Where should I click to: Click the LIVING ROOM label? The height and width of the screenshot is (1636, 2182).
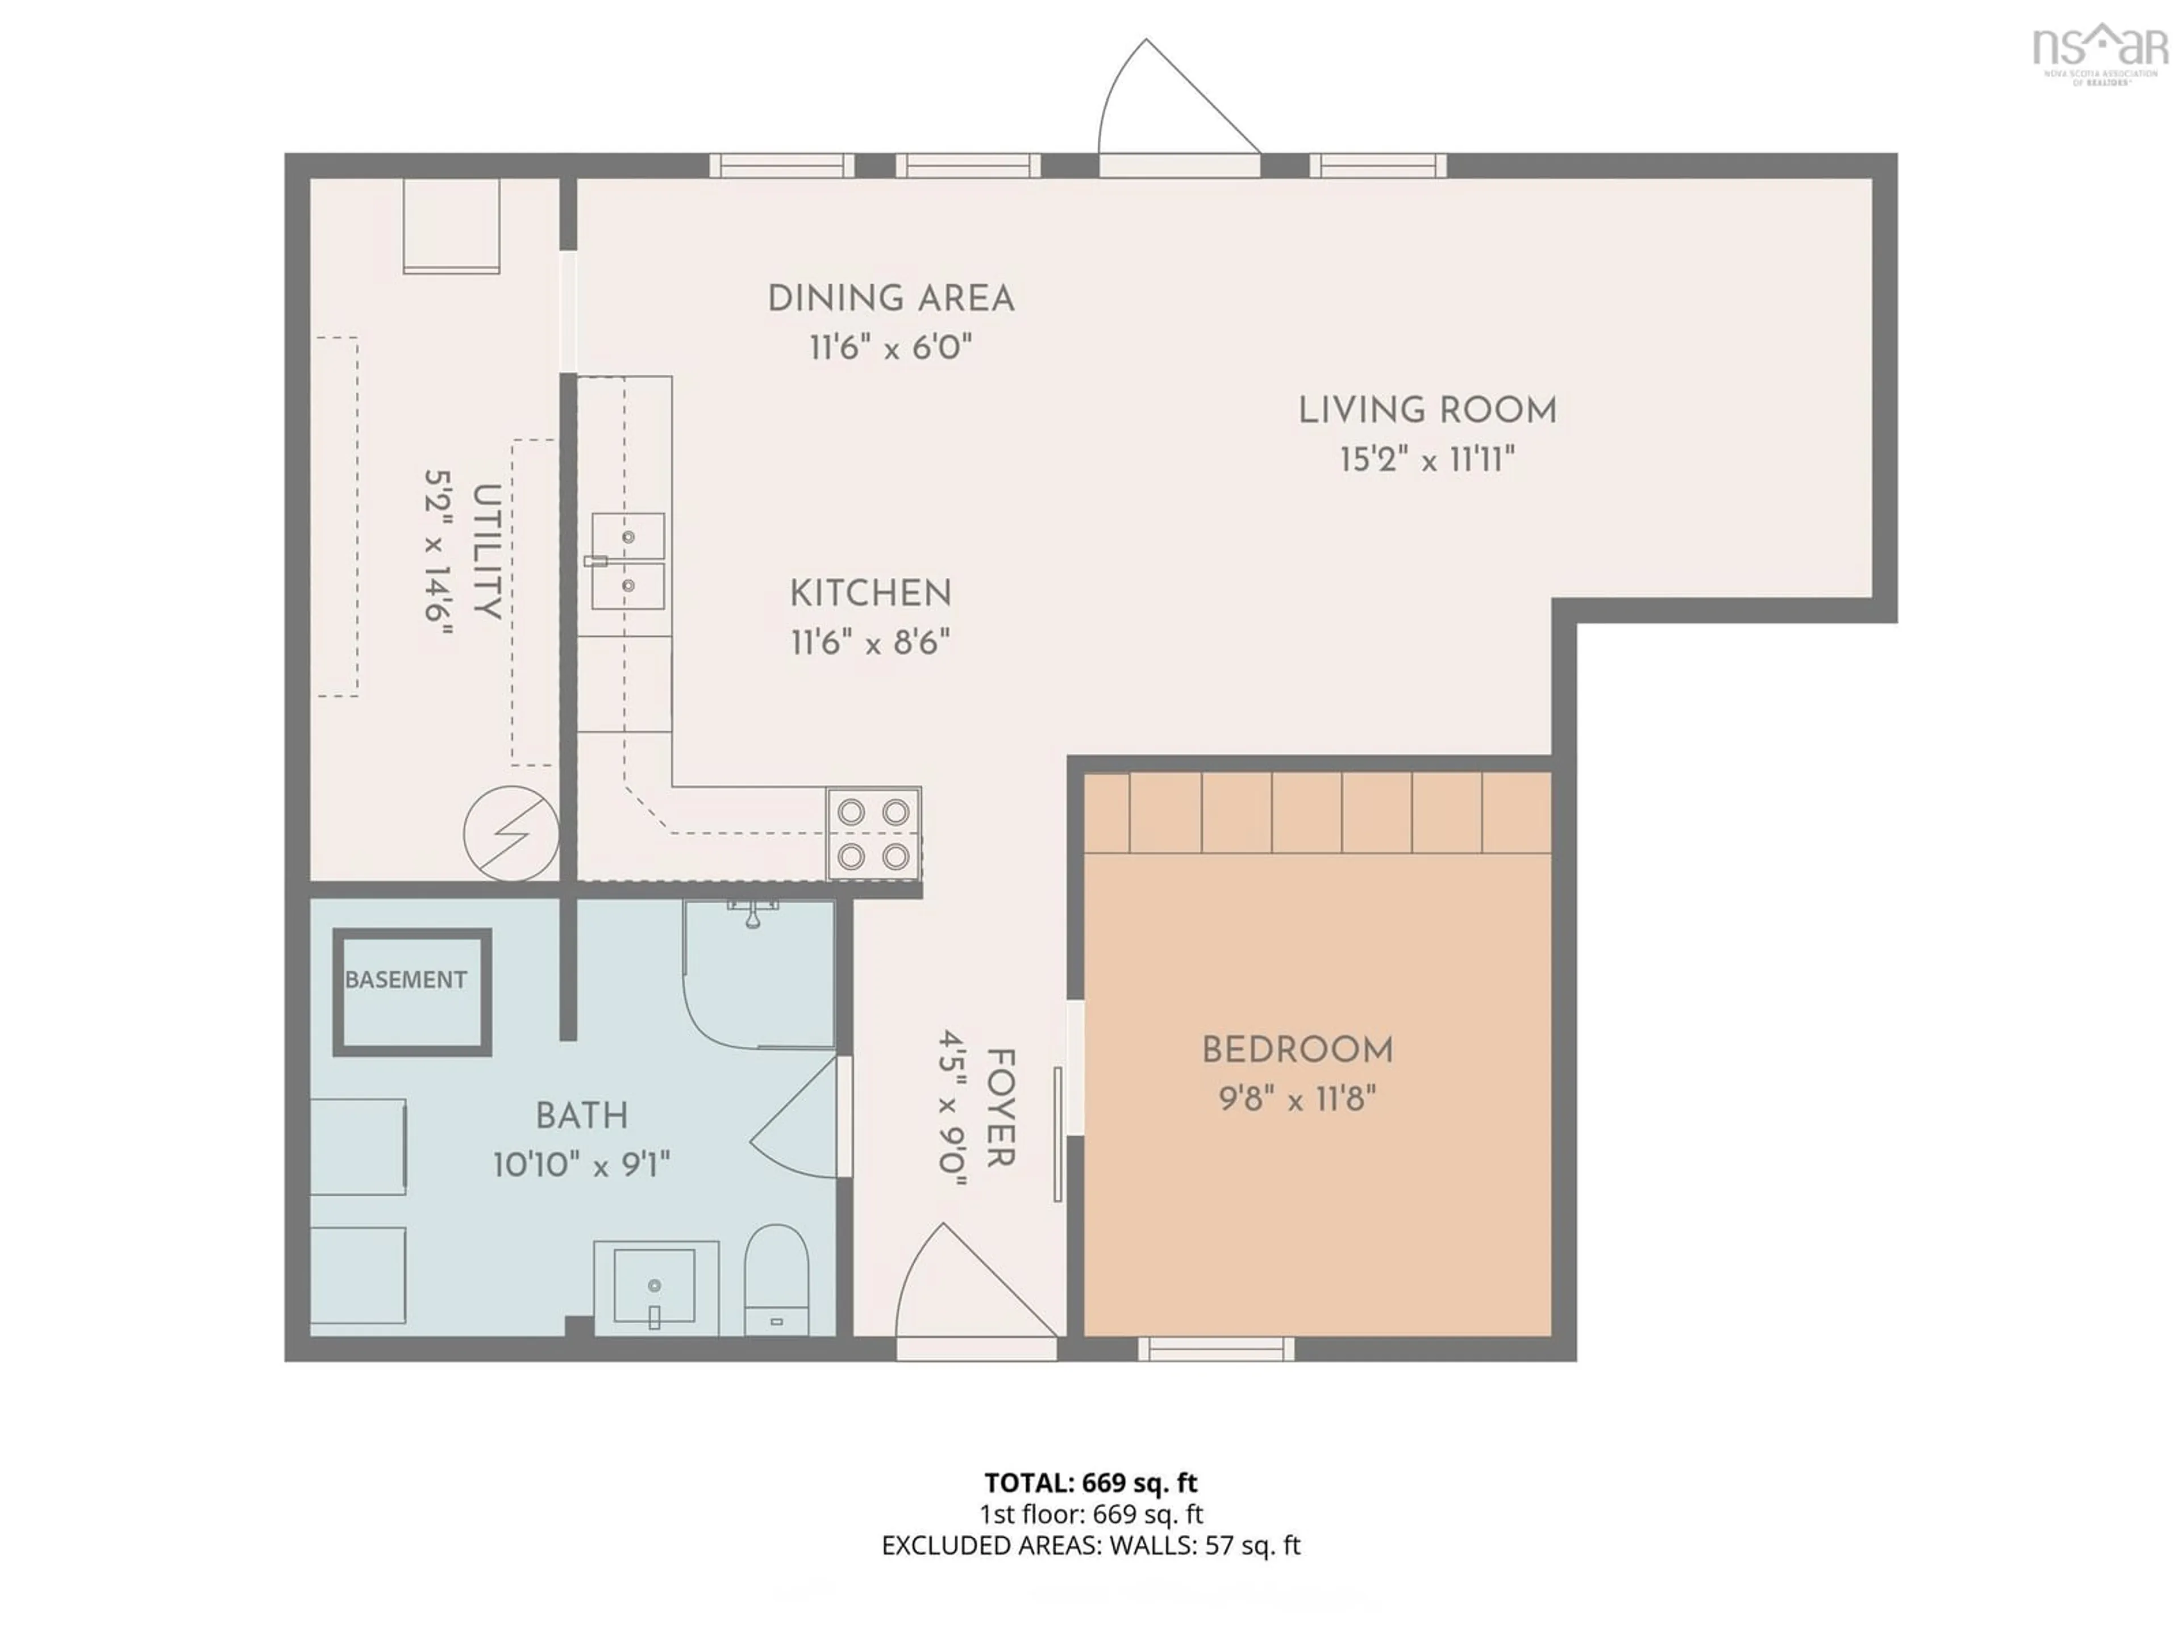(x=1426, y=410)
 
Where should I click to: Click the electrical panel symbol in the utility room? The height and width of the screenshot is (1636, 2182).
(x=511, y=833)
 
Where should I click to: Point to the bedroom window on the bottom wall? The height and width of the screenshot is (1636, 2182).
(x=1215, y=1348)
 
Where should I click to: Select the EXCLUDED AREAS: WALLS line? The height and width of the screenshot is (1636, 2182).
(x=1091, y=1545)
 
